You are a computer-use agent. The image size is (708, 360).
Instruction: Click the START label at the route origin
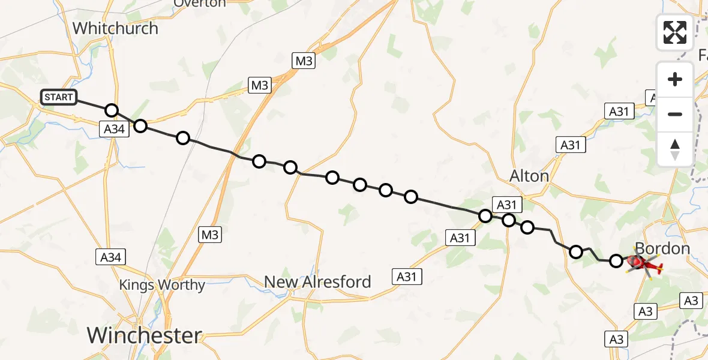[x=59, y=97]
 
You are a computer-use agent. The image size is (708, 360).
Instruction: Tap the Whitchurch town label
[x=115, y=28]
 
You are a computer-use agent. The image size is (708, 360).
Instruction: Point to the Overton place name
[x=200, y=4]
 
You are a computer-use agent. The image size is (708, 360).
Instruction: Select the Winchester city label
[x=145, y=335]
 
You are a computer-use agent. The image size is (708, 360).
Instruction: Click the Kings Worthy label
[x=162, y=285]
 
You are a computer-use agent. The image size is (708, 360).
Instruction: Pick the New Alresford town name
[x=317, y=281]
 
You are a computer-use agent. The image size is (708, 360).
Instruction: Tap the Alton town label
[x=529, y=176]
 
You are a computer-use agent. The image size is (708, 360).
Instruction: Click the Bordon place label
[x=662, y=248]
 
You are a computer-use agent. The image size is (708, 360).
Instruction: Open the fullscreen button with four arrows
[x=675, y=32]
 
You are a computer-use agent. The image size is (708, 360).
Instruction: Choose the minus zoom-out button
[x=675, y=114]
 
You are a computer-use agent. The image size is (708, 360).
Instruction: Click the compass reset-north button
[x=675, y=149]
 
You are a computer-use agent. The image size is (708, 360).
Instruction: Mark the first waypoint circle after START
[x=112, y=110]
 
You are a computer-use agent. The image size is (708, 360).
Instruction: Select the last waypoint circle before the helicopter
[x=616, y=260]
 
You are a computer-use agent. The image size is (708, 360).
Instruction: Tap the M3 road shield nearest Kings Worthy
[x=210, y=235]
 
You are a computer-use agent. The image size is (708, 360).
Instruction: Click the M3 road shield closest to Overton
[x=304, y=61]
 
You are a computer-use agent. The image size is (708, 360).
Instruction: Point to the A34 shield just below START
[x=115, y=128]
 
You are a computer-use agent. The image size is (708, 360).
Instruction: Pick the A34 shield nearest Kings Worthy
[x=111, y=257]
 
